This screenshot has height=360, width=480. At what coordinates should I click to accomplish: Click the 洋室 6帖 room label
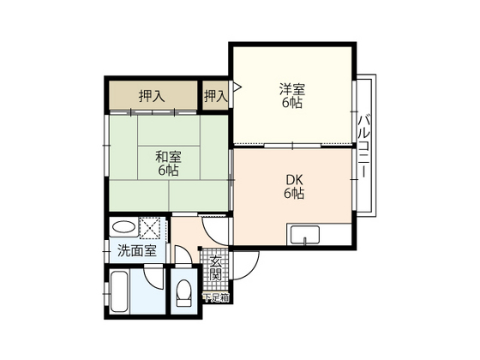click(291, 95)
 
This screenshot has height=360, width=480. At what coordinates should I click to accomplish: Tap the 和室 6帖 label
click(168, 164)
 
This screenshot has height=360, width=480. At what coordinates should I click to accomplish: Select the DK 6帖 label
click(295, 187)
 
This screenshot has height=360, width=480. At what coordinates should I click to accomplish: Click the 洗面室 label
click(136, 251)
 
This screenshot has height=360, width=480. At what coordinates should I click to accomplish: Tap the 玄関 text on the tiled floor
click(216, 268)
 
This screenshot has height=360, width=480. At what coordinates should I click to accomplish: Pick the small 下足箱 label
click(215, 297)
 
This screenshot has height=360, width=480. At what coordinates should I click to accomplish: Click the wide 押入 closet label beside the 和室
click(153, 97)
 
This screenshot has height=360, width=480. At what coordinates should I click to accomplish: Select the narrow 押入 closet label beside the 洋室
click(215, 97)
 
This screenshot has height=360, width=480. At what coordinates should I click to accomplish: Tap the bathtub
click(119, 294)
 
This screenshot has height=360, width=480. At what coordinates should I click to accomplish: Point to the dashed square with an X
click(151, 229)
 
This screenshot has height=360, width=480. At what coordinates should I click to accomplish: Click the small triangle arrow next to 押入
click(237, 87)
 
